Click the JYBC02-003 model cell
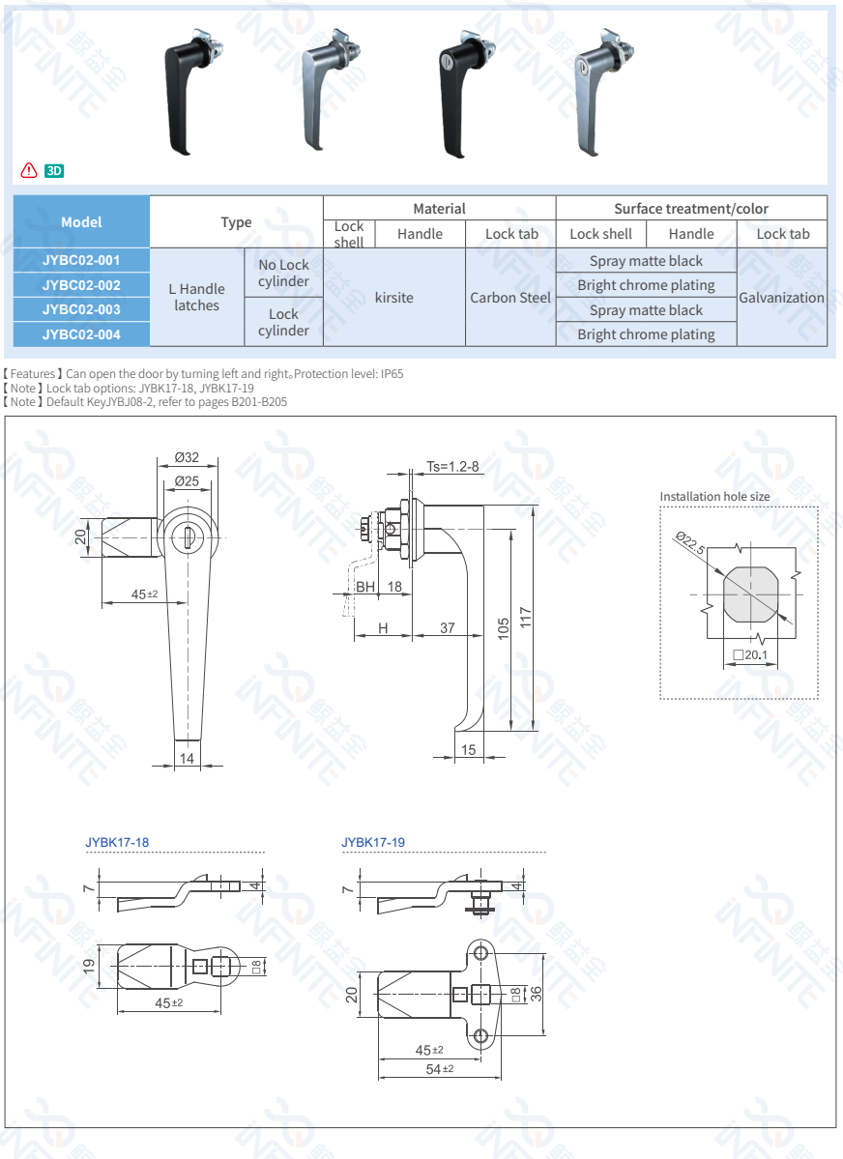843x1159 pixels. (x=81, y=309)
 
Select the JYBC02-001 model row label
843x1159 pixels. (x=81, y=260)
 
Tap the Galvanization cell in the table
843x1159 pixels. (x=781, y=298)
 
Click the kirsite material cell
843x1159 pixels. (x=393, y=298)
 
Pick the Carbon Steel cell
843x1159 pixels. (x=510, y=298)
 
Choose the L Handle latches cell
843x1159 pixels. (x=196, y=297)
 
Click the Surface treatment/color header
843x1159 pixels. (x=691, y=209)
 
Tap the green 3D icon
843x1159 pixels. (x=54, y=171)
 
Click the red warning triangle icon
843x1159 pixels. (x=28, y=171)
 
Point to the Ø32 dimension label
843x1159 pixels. (x=187, y=458)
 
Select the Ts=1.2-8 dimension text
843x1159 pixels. (x=452, y=467)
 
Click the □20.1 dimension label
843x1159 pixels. (x=749, y=655)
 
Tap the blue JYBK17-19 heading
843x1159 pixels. (x=373, y=843)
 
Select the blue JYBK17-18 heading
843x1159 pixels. (x=117, y=843)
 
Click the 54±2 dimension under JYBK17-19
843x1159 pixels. (x=440, y=1069)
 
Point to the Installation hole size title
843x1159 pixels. (x=714, y=497)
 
